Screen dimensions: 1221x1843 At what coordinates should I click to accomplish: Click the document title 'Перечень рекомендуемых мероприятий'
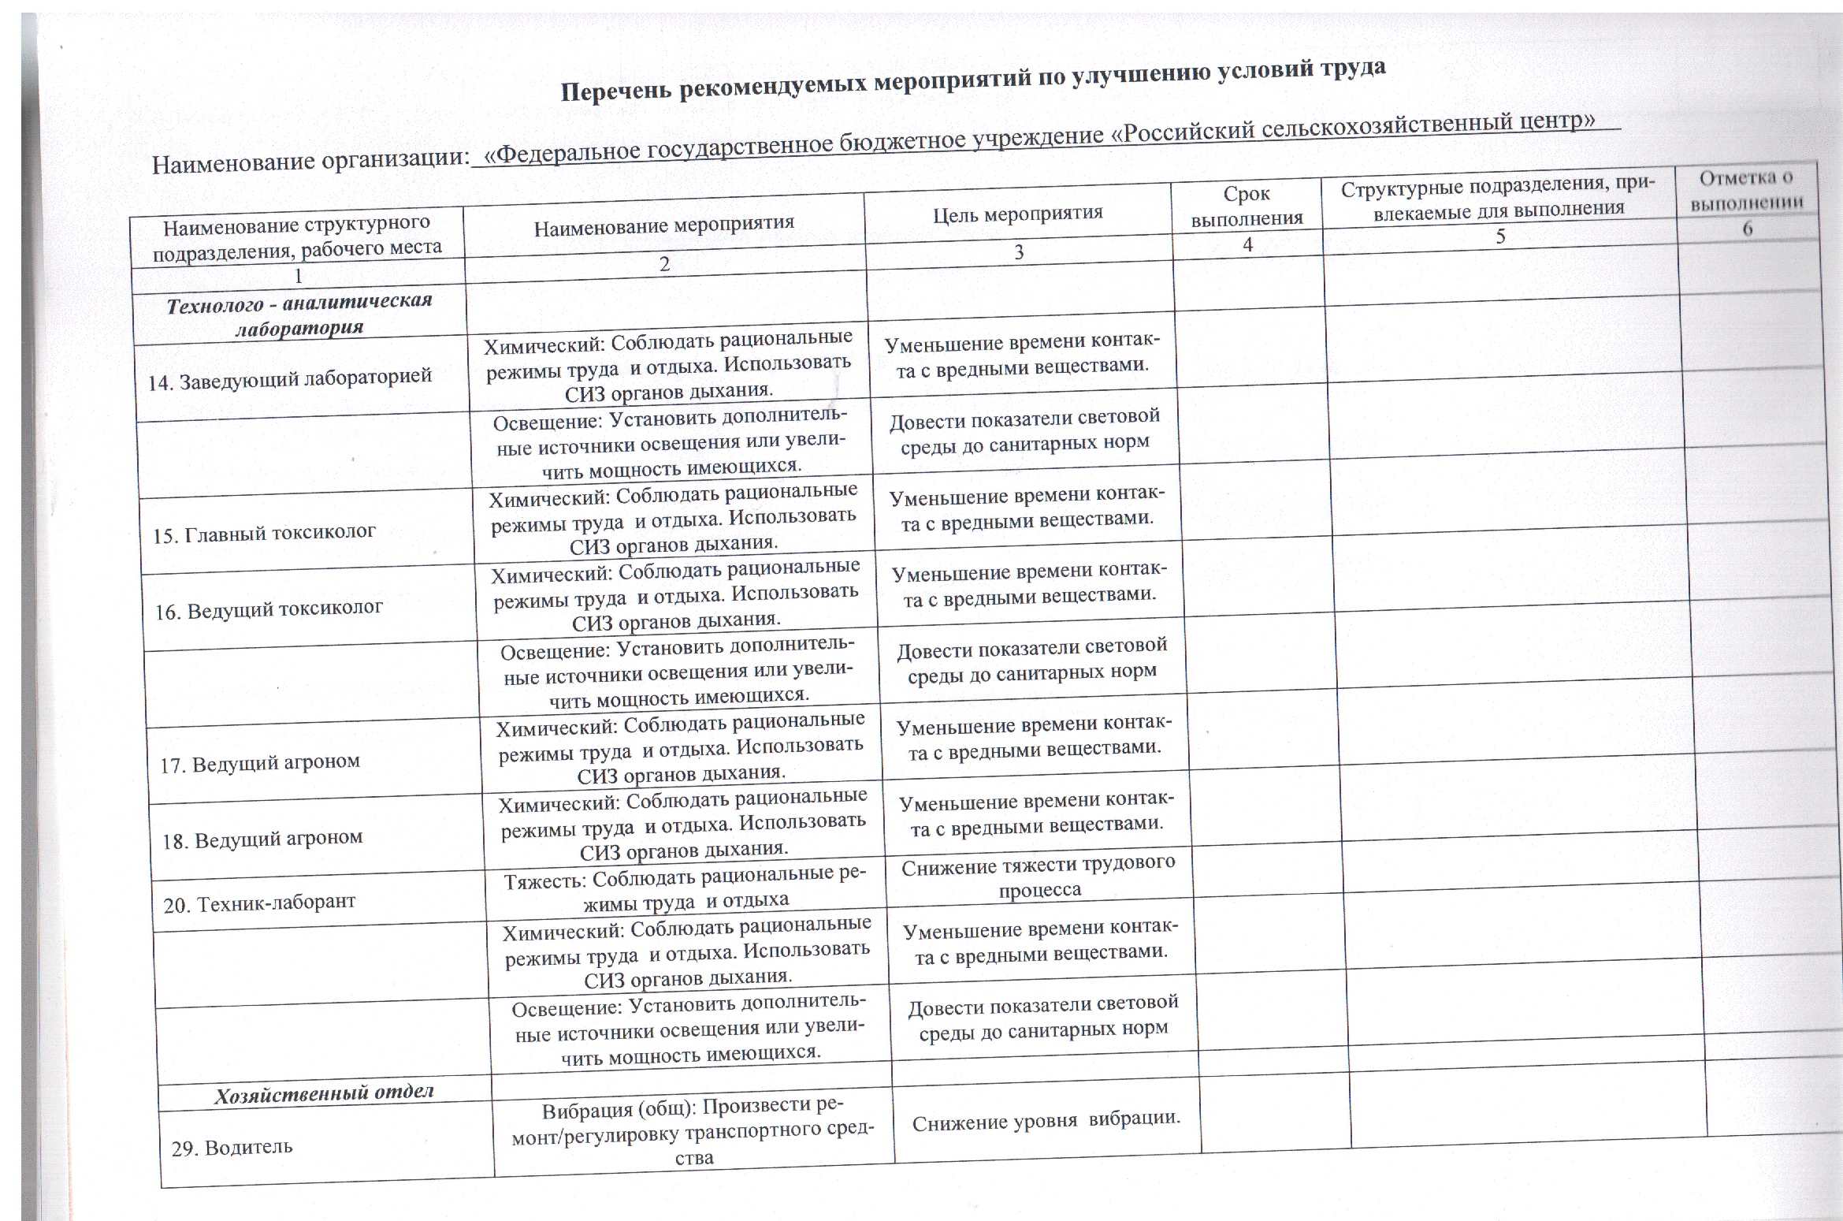972,80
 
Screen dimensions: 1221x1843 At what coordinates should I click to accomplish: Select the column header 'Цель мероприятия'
1018,212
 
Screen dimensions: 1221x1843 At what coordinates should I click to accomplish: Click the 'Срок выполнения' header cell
1247,206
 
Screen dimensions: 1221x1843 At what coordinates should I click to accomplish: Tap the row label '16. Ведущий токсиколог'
269,609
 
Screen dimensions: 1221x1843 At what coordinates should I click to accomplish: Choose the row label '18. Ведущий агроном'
262,838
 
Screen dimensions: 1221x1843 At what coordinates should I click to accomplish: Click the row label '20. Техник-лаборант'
259,903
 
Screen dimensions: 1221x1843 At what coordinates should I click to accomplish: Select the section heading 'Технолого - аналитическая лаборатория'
299,314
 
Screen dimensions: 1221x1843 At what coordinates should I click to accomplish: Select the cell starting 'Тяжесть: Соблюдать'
685,888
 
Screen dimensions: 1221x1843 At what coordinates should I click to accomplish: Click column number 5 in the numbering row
1500,236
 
